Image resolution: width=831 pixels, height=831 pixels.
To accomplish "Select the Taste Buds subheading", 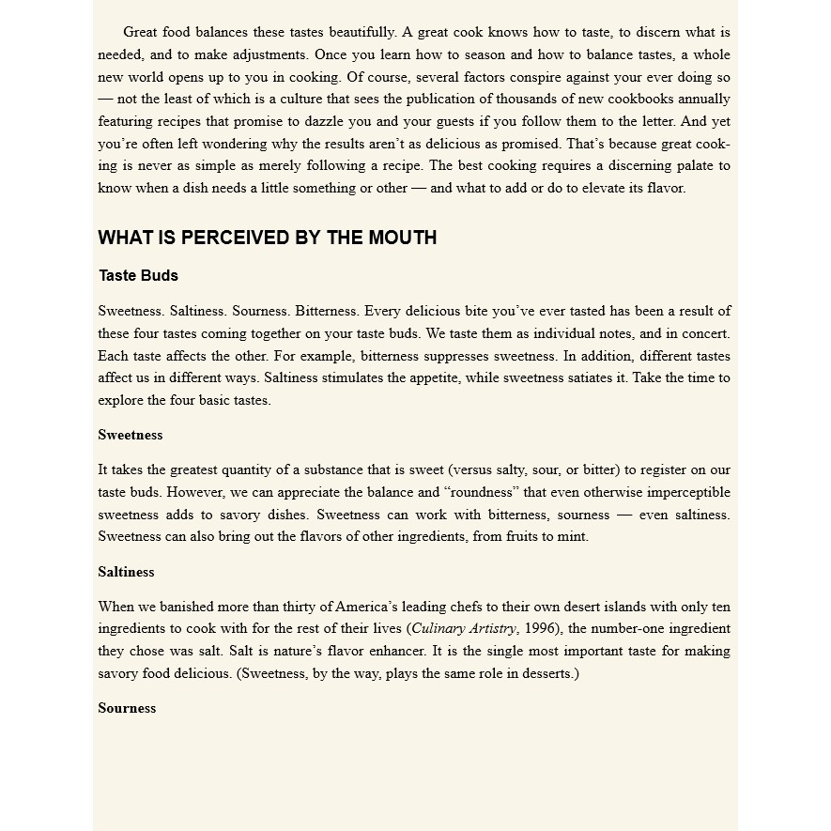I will (138, 275).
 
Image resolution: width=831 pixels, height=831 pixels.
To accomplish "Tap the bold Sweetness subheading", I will (130, 435).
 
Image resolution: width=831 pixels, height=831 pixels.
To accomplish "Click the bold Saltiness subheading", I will (126, 572).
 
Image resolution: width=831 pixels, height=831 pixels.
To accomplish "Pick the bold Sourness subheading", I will (127, 708).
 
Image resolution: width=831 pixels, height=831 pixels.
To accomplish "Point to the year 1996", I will (540, 629).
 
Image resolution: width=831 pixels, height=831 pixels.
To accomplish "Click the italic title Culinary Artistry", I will (464, 629).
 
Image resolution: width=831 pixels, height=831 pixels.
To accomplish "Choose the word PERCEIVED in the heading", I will (234, 238).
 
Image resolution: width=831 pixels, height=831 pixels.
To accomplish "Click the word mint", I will (573, 536).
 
